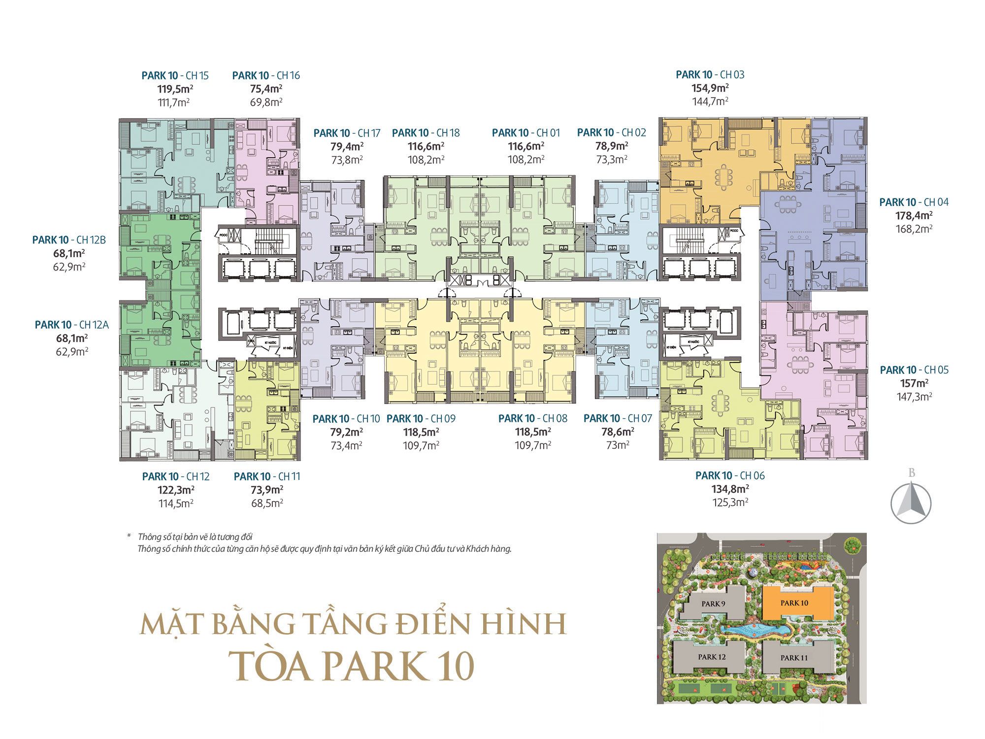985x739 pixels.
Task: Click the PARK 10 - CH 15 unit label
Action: click(x=175, y=75)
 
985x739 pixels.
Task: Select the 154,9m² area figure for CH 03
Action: click(x=710, y=88)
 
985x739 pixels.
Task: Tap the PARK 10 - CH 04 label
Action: click(x=914, y=202)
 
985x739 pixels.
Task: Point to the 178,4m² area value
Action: click(x=914, y=215)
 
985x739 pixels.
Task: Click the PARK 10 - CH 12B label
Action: click(x=69, y=240)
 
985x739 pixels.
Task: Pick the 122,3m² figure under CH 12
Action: click(x=175, y=490)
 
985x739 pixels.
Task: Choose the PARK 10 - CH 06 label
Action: click(x=730, y=475)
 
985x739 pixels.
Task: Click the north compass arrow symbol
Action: click(x=911, y=503)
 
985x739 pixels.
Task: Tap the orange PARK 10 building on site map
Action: click(x=794, y=603)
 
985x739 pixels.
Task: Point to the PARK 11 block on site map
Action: click(x=794, y=658)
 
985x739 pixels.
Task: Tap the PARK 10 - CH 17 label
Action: click(x=347, y=133)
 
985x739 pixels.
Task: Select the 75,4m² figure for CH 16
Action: click(x=266, y=89)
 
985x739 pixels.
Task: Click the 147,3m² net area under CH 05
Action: click(x=914, y=397)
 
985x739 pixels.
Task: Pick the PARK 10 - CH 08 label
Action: click(x=532, y=418)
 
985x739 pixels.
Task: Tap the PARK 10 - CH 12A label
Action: click(x=71, y=325)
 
